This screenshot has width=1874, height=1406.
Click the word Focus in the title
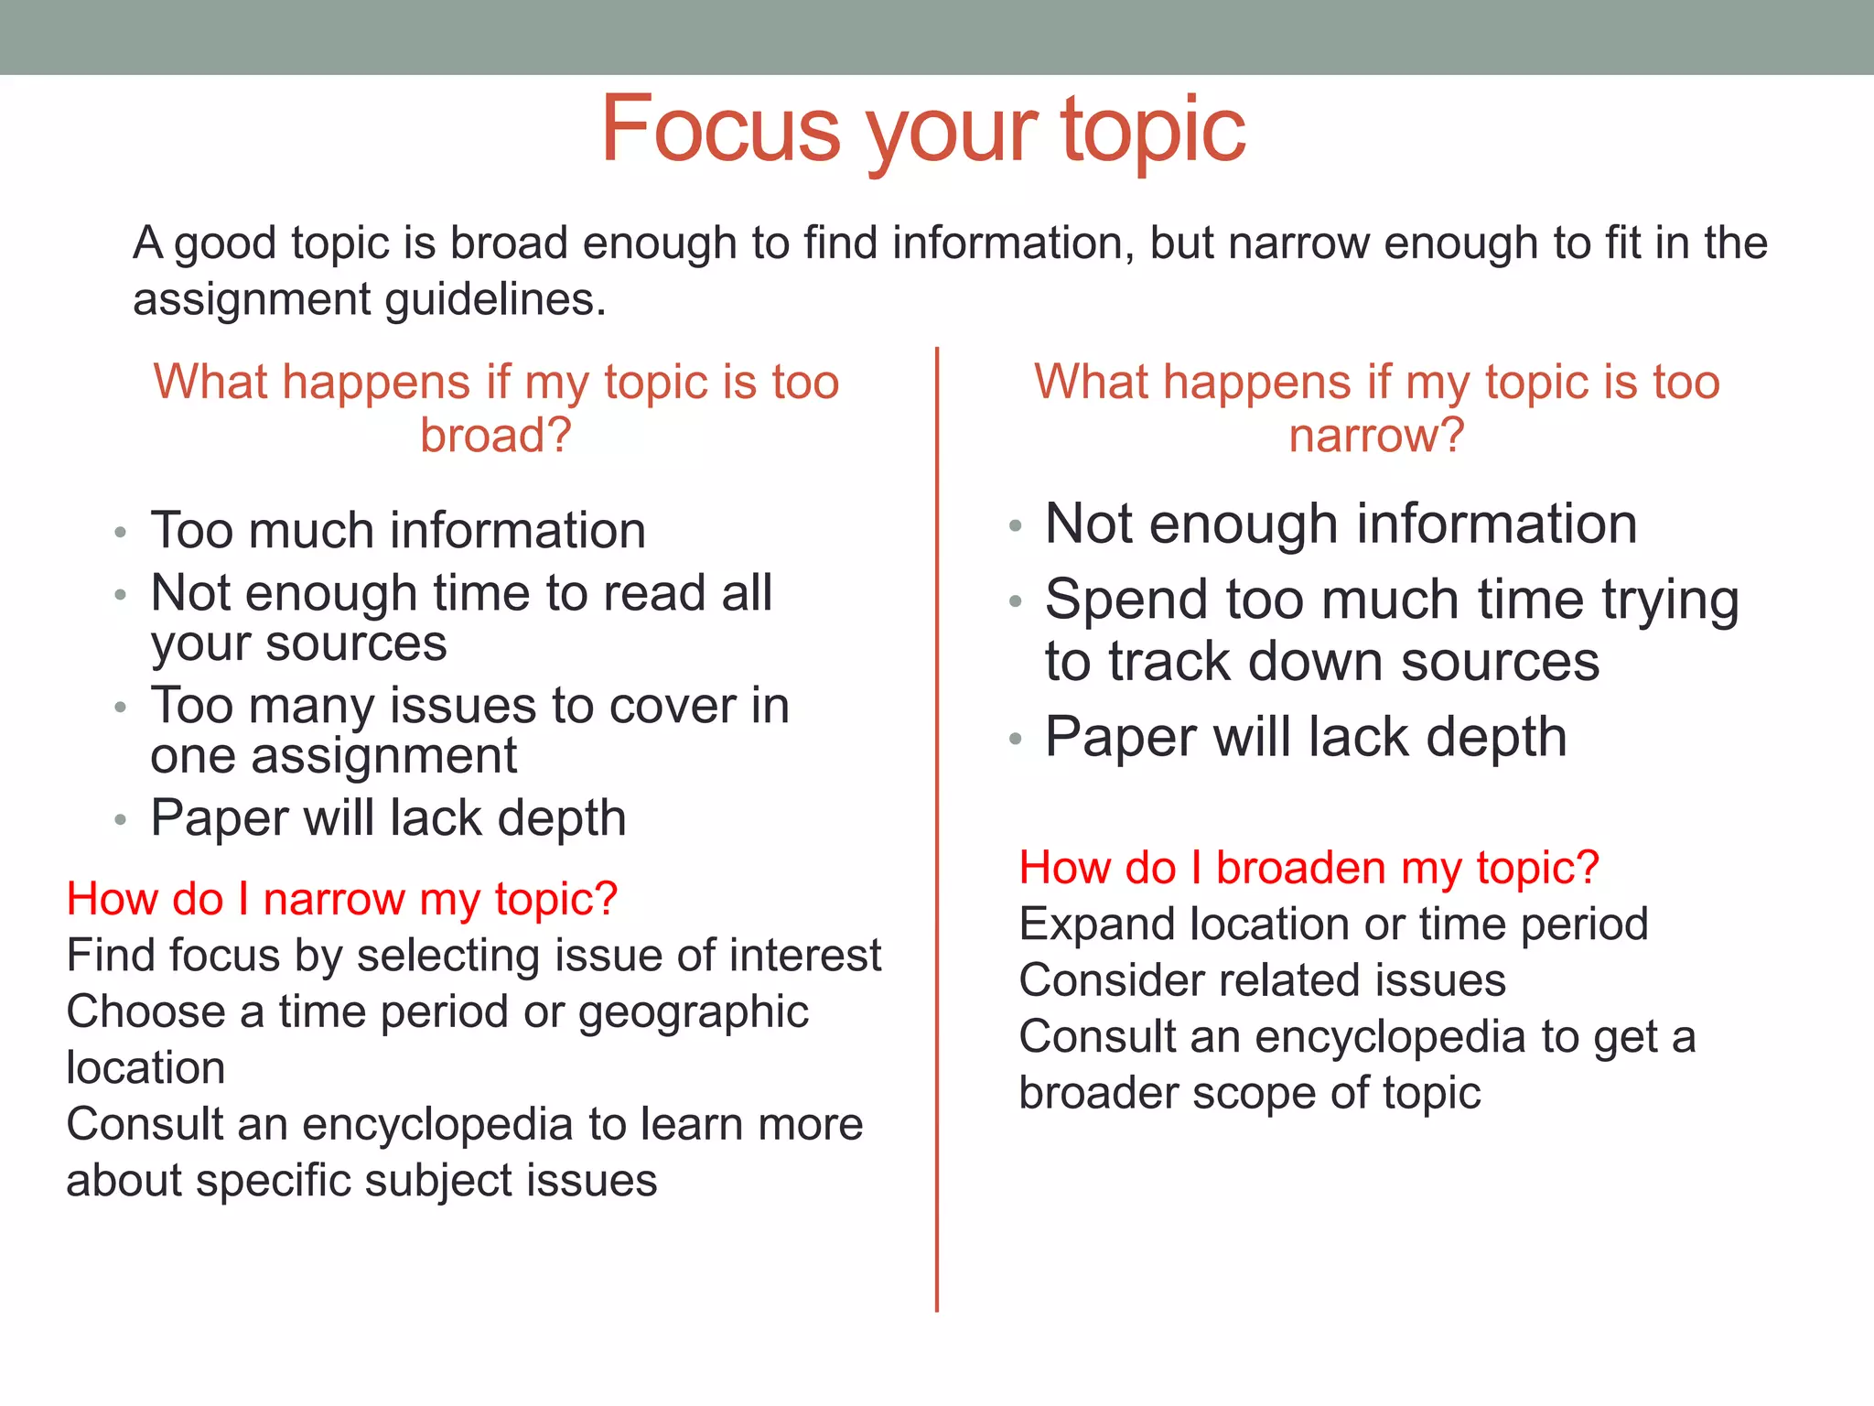pyautogui.click(x=719, y=129)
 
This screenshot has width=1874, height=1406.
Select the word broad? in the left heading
pyautogui.click(x=495, y=435)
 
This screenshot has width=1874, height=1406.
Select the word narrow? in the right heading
pyautogui.click(x=1376, y=435)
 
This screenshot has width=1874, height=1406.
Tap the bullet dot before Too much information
pyautogui.click(x=120, y=532)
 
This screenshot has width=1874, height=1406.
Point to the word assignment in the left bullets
pyautogui.click(x=383, y=756)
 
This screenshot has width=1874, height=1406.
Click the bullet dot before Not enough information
pyautogui.click(x=1014, y=526)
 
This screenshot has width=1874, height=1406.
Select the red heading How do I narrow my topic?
pyautogui.click(x=342, y=899)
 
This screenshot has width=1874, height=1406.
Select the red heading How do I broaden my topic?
pyautogui.click(x=1309, y=868)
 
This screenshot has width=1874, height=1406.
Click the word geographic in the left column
pyautogui.click(x=693, y=1012)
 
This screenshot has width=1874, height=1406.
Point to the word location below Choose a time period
pyautogui.click(x=145, y=1068)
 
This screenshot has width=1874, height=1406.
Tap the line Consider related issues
pyautogui.click(x=1262, y=980)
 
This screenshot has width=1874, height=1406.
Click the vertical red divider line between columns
pyautogui.click(x=937, y=824)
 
